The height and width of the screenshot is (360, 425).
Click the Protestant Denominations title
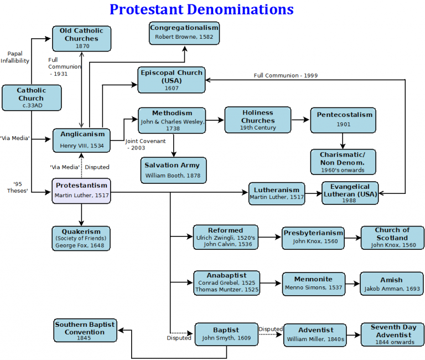point(201,9)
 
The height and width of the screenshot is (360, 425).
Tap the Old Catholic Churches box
point(81,39)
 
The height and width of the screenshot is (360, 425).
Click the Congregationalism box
point(184,33)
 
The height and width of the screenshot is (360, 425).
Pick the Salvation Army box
point(172,170)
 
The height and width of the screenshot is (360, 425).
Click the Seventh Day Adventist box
point(393,335)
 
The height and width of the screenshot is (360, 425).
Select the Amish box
point(391,284)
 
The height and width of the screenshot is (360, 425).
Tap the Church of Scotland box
point(392,237)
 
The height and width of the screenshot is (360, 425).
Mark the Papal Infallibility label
point(15,57)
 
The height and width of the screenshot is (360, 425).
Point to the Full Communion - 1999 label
point(286,75)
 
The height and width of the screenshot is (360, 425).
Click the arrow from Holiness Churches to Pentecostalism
point(300,119)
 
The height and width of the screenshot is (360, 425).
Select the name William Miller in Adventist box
point(308,338)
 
